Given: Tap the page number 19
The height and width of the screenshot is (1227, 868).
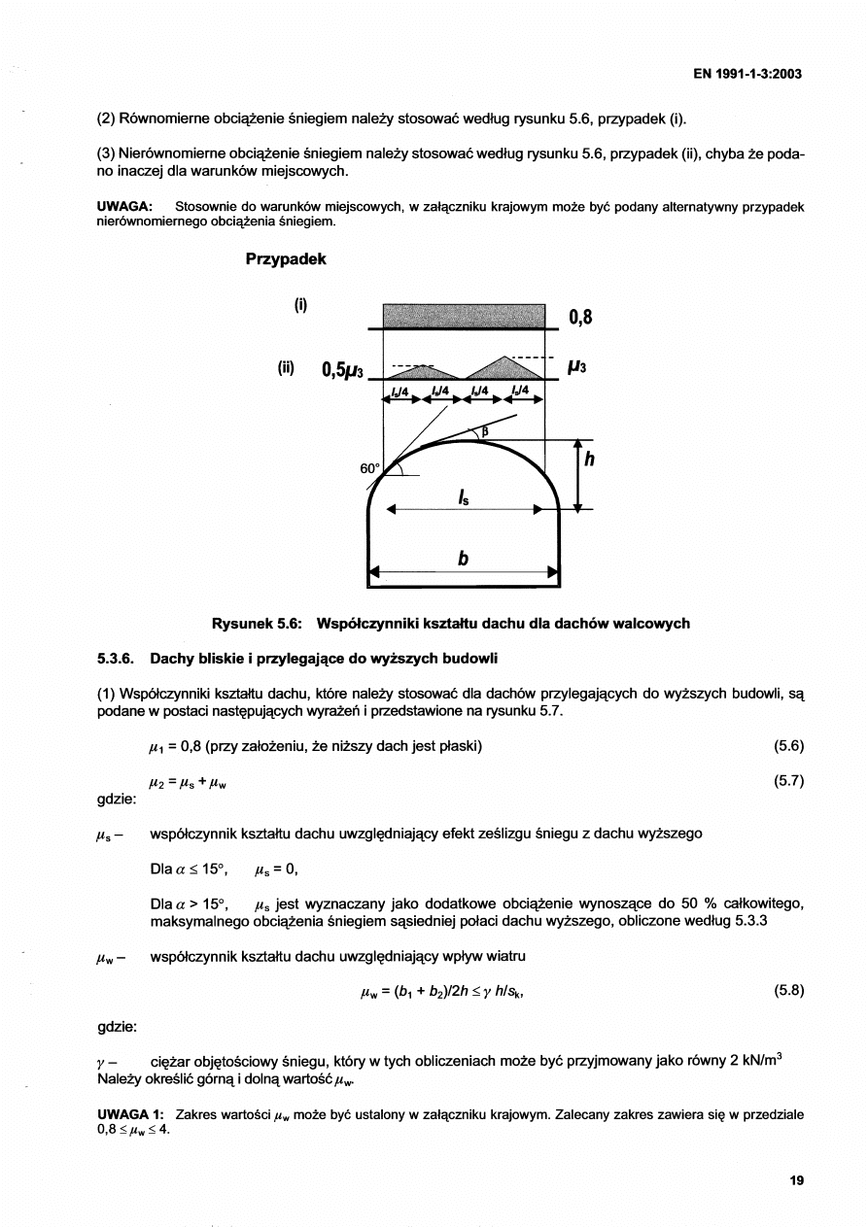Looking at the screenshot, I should coord(797,1180).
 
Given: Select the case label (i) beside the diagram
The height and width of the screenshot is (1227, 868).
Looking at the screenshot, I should coord(301,305).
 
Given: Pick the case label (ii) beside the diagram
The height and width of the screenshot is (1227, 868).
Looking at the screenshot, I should coord(286,368).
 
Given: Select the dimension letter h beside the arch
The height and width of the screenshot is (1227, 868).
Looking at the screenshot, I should coord(589,463).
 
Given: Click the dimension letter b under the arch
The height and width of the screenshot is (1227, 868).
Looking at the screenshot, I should coord(464,560).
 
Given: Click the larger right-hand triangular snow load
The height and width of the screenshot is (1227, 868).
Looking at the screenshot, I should coord(504,368).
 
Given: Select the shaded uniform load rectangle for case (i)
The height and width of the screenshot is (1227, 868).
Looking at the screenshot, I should coord(464,316).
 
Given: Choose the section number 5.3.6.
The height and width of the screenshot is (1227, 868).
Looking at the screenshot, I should coord(119,659).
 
